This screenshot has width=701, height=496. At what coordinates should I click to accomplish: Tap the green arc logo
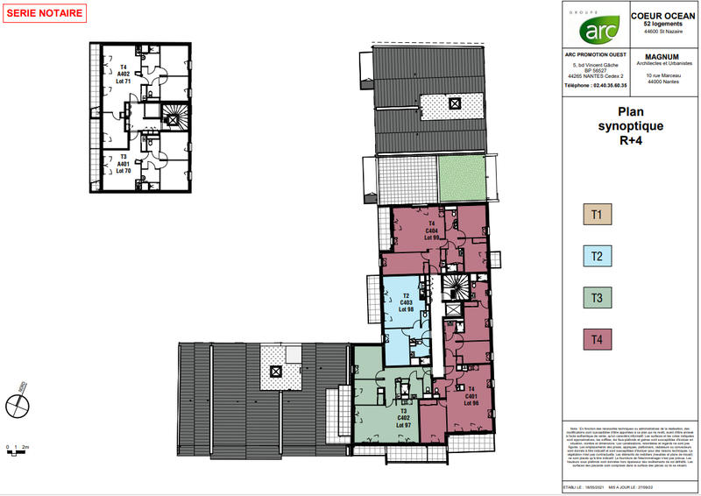click(x=594, y=32)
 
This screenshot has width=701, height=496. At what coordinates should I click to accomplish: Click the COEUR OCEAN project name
click(x=663, y=16)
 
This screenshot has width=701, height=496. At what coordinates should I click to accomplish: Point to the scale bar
click(x=18, y=450)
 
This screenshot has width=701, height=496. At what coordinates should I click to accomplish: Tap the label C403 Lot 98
click(x=405, y=302)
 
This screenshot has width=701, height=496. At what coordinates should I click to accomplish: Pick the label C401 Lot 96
click(x=471, y=396)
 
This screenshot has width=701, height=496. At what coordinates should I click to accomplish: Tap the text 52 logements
click(x=663, y=24)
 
